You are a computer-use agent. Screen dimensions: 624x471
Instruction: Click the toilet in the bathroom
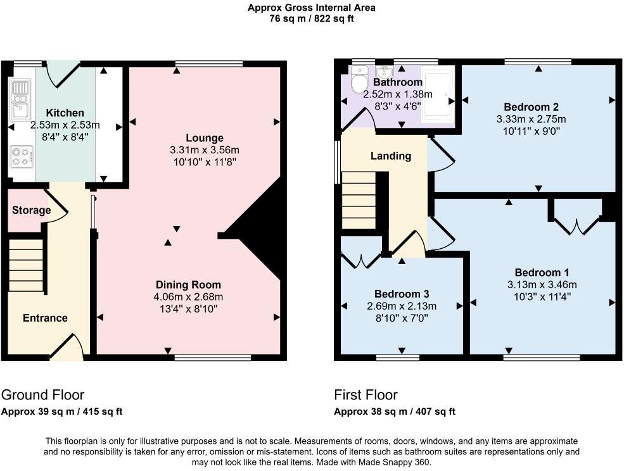pos(359,79)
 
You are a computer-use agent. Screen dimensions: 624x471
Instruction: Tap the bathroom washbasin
pos(384,72)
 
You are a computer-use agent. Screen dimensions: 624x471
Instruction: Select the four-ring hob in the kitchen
pos(21,156)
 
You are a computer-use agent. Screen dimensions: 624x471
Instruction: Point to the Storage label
pos(32,210)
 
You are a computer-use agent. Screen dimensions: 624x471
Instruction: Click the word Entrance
pos(45,318)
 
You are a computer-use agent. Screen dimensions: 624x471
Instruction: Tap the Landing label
pos(391,156)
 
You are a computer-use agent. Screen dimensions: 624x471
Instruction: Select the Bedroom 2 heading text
pos(531,106)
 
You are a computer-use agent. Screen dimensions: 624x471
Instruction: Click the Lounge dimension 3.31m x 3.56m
pos(205,150)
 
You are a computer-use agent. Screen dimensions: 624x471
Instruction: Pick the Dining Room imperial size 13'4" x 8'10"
pos(188,309)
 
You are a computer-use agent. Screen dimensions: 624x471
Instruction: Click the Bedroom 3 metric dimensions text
pos(402,306)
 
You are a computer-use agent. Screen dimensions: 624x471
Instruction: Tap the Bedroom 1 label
pos(542,272)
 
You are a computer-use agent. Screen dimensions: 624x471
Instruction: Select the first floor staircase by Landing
pos(359,200)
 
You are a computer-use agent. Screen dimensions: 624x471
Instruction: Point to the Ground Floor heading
pos(42,394)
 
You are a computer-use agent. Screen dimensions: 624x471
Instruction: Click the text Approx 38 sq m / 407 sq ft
pos(395,411)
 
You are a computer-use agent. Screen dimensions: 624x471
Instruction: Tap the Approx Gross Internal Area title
pos(312,8)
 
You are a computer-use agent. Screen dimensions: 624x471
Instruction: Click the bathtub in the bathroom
pos(437,95)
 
